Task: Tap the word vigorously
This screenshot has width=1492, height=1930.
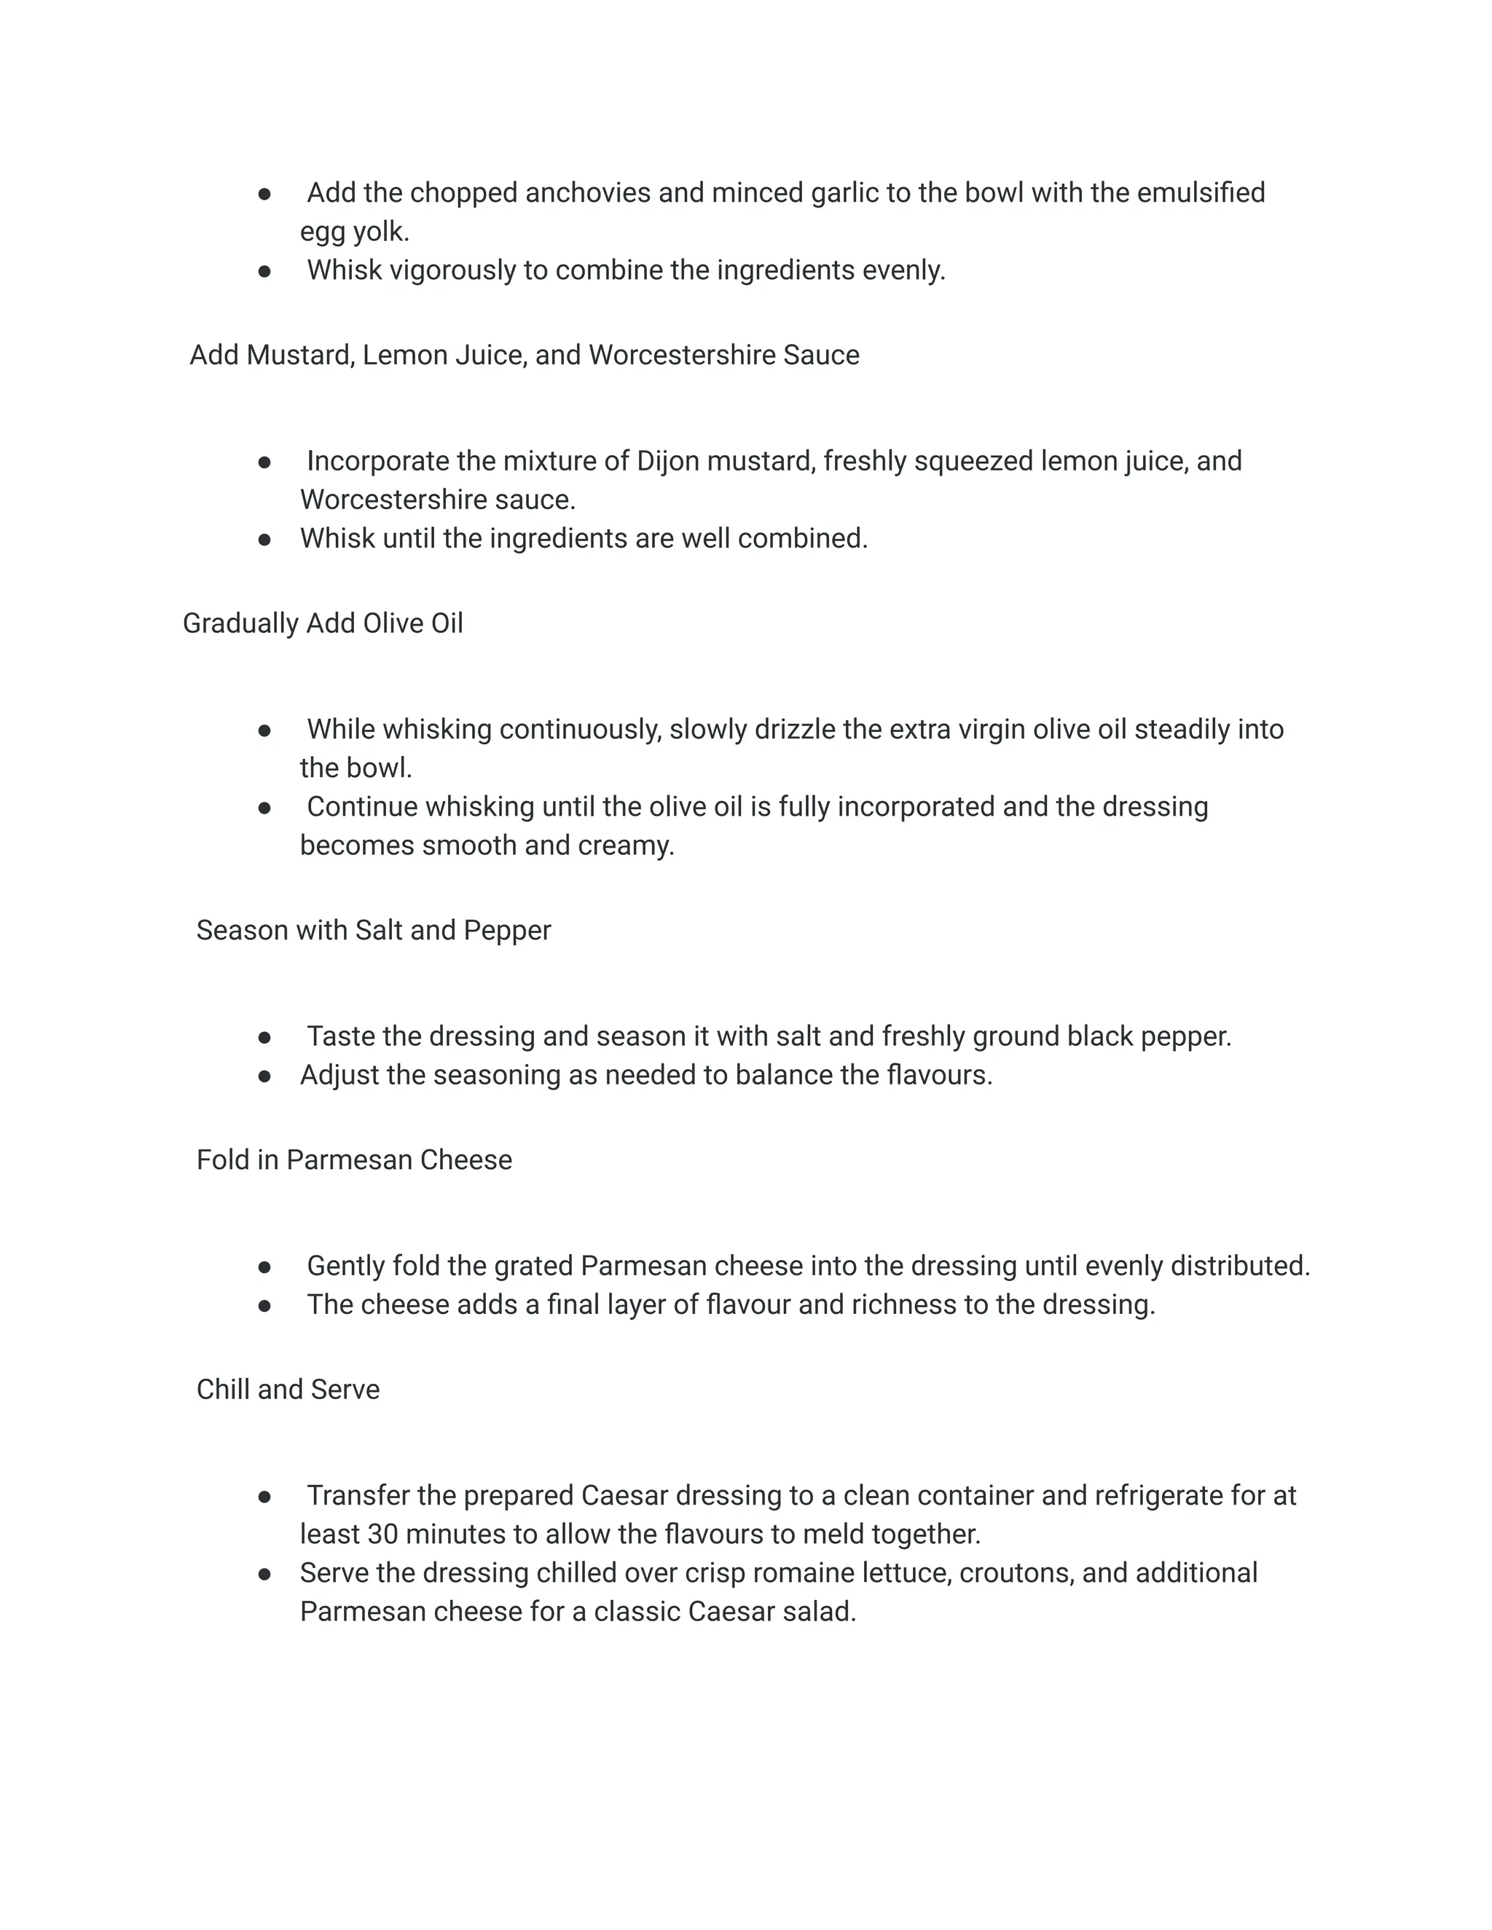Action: coord(452,270)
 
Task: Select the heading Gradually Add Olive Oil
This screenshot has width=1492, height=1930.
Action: coord(323,624)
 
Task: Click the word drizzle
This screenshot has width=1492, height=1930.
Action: coord(795,730)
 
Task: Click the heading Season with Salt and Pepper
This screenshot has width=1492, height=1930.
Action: coord(373,931)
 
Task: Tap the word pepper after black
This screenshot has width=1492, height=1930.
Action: coord(1185,1036)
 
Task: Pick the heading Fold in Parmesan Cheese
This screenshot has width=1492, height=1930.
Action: coord(353,1160)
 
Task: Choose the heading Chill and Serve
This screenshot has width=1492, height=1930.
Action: coord(288,1390)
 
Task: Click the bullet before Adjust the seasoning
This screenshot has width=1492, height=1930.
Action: coord(264,1076)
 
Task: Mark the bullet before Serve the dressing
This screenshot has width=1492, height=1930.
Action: coord(264,1575)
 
